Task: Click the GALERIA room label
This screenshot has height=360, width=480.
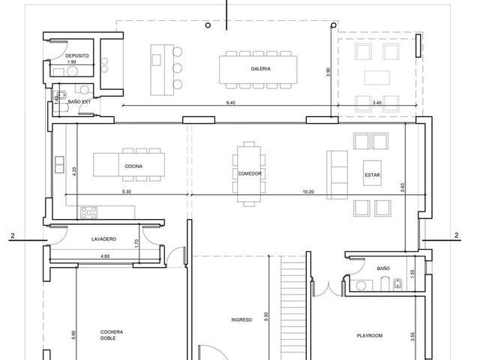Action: click(260, 68)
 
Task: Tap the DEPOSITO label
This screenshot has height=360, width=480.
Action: click(77, 55)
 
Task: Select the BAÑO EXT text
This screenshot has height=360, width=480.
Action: click(79, 102)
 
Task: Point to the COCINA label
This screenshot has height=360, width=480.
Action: click(133, 166)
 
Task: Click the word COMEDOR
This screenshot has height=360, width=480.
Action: click(250, 173)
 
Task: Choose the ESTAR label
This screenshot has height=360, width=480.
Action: click(372, 175)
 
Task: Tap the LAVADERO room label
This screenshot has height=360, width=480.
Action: click(103, 238)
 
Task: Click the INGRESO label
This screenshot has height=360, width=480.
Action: click(241, 319)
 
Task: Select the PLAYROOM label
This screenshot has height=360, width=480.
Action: click(370, 335)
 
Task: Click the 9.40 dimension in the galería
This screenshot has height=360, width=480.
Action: click(230, 103)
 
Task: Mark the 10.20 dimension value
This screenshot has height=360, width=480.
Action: click(308, 192)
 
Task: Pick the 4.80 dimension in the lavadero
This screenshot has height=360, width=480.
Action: click(105, 256)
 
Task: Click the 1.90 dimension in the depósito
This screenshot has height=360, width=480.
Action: click(72, 61)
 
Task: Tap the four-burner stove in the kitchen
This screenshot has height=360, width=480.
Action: click(88, 212)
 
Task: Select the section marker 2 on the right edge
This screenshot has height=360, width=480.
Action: click(457, 235)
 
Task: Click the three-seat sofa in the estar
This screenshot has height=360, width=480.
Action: click(337, 175)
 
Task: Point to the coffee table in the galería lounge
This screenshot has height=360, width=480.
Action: click(376, 77)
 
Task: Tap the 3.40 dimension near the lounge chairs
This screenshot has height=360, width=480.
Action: click(376, 103)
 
